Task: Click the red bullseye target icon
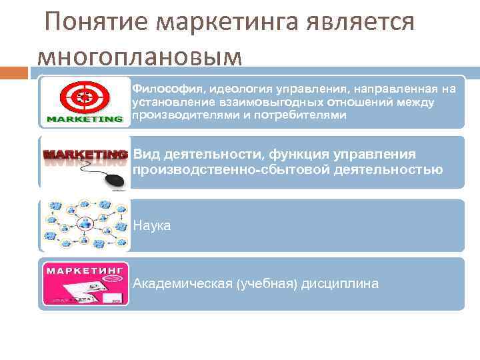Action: coord(83,99)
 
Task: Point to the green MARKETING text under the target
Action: coord(85,120)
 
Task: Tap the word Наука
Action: coord(152,226)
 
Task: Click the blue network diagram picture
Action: coord(85,225)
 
